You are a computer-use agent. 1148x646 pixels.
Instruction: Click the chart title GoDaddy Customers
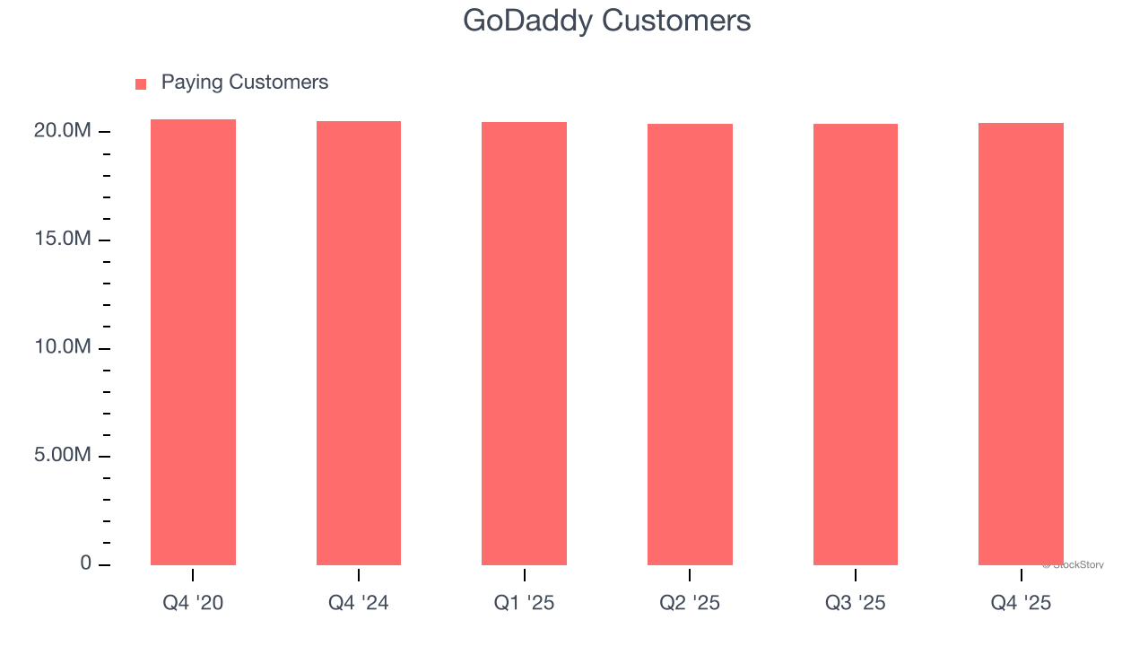coord(606,20)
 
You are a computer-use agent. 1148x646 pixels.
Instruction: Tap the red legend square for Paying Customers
coord(141,84)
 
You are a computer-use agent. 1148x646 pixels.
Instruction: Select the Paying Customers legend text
coord(245,83)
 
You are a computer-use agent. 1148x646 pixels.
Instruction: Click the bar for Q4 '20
coord(193,342)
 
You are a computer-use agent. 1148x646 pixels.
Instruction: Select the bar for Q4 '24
coord(359,343)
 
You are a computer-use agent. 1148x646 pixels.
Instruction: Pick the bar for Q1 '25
coord(524,344)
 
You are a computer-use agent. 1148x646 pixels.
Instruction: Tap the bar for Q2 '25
coord(690,345)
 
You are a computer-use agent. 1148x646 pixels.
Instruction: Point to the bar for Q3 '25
coord(856,345)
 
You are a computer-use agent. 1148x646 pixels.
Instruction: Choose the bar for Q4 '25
coord(1021,344)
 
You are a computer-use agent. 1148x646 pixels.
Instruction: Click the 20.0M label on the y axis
coord(63,131)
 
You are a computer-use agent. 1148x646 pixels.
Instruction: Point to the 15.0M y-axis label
coord(63,240)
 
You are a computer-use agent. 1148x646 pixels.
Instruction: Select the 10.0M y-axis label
coord(63,347)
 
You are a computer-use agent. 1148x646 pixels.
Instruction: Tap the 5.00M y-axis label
coord(63,456)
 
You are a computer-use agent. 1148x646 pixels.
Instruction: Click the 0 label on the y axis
coord(86,563)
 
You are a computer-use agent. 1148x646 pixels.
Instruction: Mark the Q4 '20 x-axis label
coord(193,603)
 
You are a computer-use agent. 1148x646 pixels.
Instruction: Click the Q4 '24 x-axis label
coord(359,603)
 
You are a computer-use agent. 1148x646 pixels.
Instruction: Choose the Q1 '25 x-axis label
coord(524,603)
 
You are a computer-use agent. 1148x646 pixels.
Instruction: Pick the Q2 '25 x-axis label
coord(690,603)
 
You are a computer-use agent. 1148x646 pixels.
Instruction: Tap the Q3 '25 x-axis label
coord(856,603)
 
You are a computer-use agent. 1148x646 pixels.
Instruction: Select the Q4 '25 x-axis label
coord(1021,603)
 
